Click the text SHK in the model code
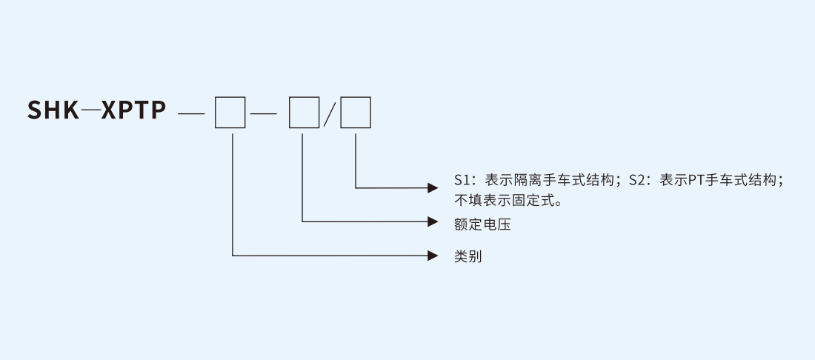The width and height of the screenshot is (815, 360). [53, 111]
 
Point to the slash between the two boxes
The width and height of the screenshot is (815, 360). [330, 114]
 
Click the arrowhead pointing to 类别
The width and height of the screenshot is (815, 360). [433, 256]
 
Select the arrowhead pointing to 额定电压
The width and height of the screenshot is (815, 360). [433, 221]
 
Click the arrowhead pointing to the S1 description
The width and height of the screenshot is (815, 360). [433, 187]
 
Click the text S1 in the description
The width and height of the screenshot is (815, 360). [462, 180]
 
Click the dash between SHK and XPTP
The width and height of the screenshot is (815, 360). [90, 112]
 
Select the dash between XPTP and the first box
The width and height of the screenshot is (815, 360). [191, 114]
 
